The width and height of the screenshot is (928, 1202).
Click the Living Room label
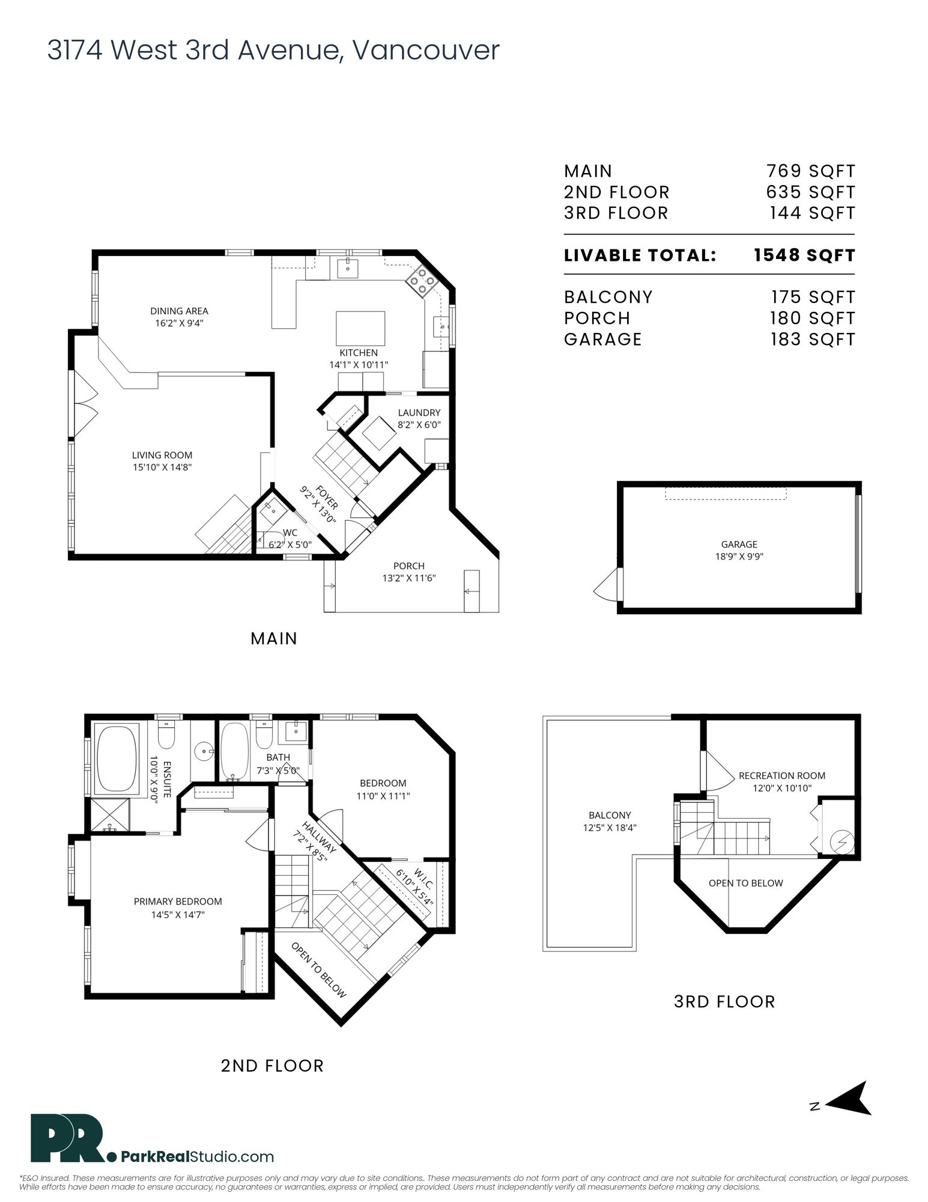pos(162,455)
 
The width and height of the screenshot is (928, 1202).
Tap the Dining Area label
pos(179,311)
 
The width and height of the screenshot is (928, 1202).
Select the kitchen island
pos(360,328)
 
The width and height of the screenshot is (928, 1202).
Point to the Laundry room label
pos(419,412)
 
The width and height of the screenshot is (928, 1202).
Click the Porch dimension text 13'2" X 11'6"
pos(409,578)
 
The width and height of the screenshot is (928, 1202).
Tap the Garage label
pos(739,545)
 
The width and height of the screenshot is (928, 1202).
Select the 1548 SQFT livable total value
pos(804,255)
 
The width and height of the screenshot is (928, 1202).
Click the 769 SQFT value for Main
pos(810,171)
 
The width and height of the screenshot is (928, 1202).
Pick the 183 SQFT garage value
pos(813,339)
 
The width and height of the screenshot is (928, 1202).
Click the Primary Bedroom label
pos(178,901)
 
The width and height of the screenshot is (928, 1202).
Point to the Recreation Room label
pos(782,776)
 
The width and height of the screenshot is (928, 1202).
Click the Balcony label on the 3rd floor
pos(610,815)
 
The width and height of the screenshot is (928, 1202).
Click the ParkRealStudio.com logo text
pos(198,1156)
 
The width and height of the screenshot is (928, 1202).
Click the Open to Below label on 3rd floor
pos(746,883)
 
